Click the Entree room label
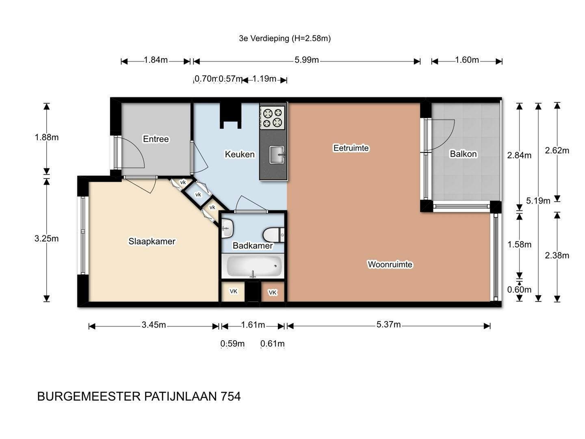156,139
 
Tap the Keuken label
240,154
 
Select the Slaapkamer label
152,241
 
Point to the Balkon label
463,154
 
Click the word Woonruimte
390,264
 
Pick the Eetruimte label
351,148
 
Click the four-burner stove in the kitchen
272,118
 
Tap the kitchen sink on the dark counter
277,154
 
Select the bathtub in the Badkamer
253,266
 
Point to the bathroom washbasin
227,228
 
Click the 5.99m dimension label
306,60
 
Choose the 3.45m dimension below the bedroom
154,325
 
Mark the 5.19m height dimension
538,200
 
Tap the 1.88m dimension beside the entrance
47,137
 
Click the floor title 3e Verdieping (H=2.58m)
285,38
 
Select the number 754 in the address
230,397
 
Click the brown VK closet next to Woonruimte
273,292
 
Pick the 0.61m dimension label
272,343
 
